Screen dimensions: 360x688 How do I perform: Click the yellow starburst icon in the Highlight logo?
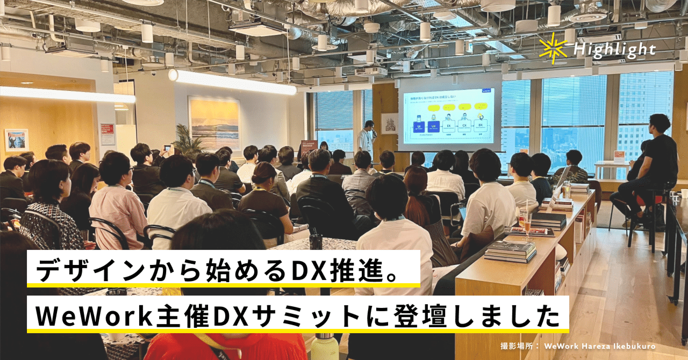coord(553,49)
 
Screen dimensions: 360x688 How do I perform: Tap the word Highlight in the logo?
coord(614,50)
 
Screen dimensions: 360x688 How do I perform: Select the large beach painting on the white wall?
coord(214,123)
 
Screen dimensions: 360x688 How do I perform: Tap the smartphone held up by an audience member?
coord(167,147)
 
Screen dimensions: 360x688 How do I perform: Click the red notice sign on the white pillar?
coord(107,134)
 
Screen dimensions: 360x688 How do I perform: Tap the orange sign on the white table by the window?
coord(620,155)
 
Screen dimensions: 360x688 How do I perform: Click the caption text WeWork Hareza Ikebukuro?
coord(600,347)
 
